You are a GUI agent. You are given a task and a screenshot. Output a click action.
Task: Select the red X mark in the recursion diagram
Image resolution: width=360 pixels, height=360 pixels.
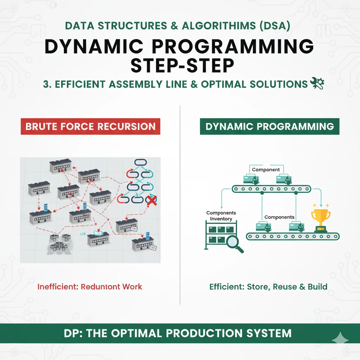coord(151,201)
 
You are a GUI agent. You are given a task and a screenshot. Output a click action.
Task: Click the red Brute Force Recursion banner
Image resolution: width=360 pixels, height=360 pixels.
coord(90,127)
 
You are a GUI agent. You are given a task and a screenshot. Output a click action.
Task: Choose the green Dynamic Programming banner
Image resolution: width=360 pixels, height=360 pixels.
coord(270,127)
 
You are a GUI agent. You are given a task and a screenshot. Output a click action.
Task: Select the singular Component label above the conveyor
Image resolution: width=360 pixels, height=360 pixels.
coord(266,170)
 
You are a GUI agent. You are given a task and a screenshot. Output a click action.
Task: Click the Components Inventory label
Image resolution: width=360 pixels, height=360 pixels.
coord(221,216)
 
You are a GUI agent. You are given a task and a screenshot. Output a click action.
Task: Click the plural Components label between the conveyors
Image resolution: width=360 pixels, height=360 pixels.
coord(279,217)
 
